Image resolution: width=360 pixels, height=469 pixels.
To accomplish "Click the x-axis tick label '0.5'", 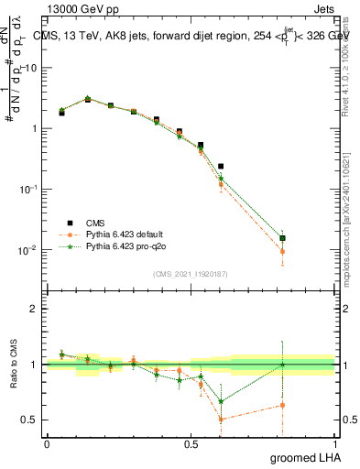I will pos(191,444).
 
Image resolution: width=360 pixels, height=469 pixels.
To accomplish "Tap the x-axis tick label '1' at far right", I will pos(335,444).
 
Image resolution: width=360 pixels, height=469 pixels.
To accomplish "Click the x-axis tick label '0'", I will pos(47,444).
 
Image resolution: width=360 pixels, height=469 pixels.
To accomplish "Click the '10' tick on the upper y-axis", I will pos(32,67).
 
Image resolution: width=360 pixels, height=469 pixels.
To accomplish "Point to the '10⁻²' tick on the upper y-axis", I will pos(29,250).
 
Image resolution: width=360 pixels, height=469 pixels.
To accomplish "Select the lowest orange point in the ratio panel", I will pos(221,420).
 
